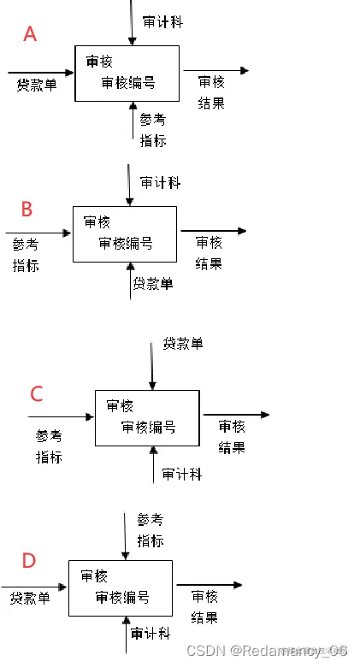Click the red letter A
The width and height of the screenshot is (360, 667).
tap(30, 34)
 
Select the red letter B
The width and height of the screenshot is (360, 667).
tap(27, 209)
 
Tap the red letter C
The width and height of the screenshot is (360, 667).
tap(36, 393)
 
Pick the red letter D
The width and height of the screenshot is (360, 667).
tap(29, 560)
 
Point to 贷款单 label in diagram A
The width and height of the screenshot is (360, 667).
tap(36, 85)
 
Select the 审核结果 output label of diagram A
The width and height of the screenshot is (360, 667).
tap(211, 92)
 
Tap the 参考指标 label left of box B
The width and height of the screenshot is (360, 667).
tap(26, 254)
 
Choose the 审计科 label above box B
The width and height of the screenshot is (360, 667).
tap(160, 183)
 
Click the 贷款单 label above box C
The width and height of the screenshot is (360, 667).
tap(183, 344)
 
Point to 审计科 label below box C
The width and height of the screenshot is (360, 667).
tap(182, 474)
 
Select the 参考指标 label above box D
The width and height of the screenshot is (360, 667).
tap(150, 529)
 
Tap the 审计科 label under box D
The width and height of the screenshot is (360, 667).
tap(151, 634)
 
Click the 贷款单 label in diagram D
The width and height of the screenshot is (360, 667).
tap(30, 598)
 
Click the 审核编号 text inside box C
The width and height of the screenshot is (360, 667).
tap(148, 427)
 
